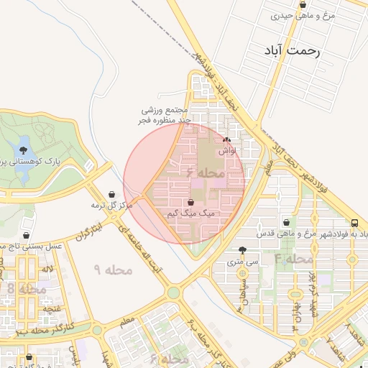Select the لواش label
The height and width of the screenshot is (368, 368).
[x=227, y=151]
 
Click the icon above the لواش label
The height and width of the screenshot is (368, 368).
[x=227, y=140]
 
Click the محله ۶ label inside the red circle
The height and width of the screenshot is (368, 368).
[x=206, y=174]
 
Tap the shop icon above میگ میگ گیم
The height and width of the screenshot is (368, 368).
[x=190, y=203]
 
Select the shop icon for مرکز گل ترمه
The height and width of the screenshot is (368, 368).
[x=111, y=194]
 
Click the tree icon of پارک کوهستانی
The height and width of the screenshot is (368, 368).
[x=24, y=150]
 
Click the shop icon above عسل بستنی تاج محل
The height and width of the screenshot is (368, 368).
[x=27, y=235]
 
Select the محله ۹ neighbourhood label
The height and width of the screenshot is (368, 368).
[x=114, y=270]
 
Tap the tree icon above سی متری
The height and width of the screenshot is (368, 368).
[x=242, y=251]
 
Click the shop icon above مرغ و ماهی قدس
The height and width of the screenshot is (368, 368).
[x=287, y=223]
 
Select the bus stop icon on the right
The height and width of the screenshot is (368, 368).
[x=355, y=223]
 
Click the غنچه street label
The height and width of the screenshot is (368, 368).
[x=52, y=309]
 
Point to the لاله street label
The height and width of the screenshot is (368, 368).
[x=48, y=269]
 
